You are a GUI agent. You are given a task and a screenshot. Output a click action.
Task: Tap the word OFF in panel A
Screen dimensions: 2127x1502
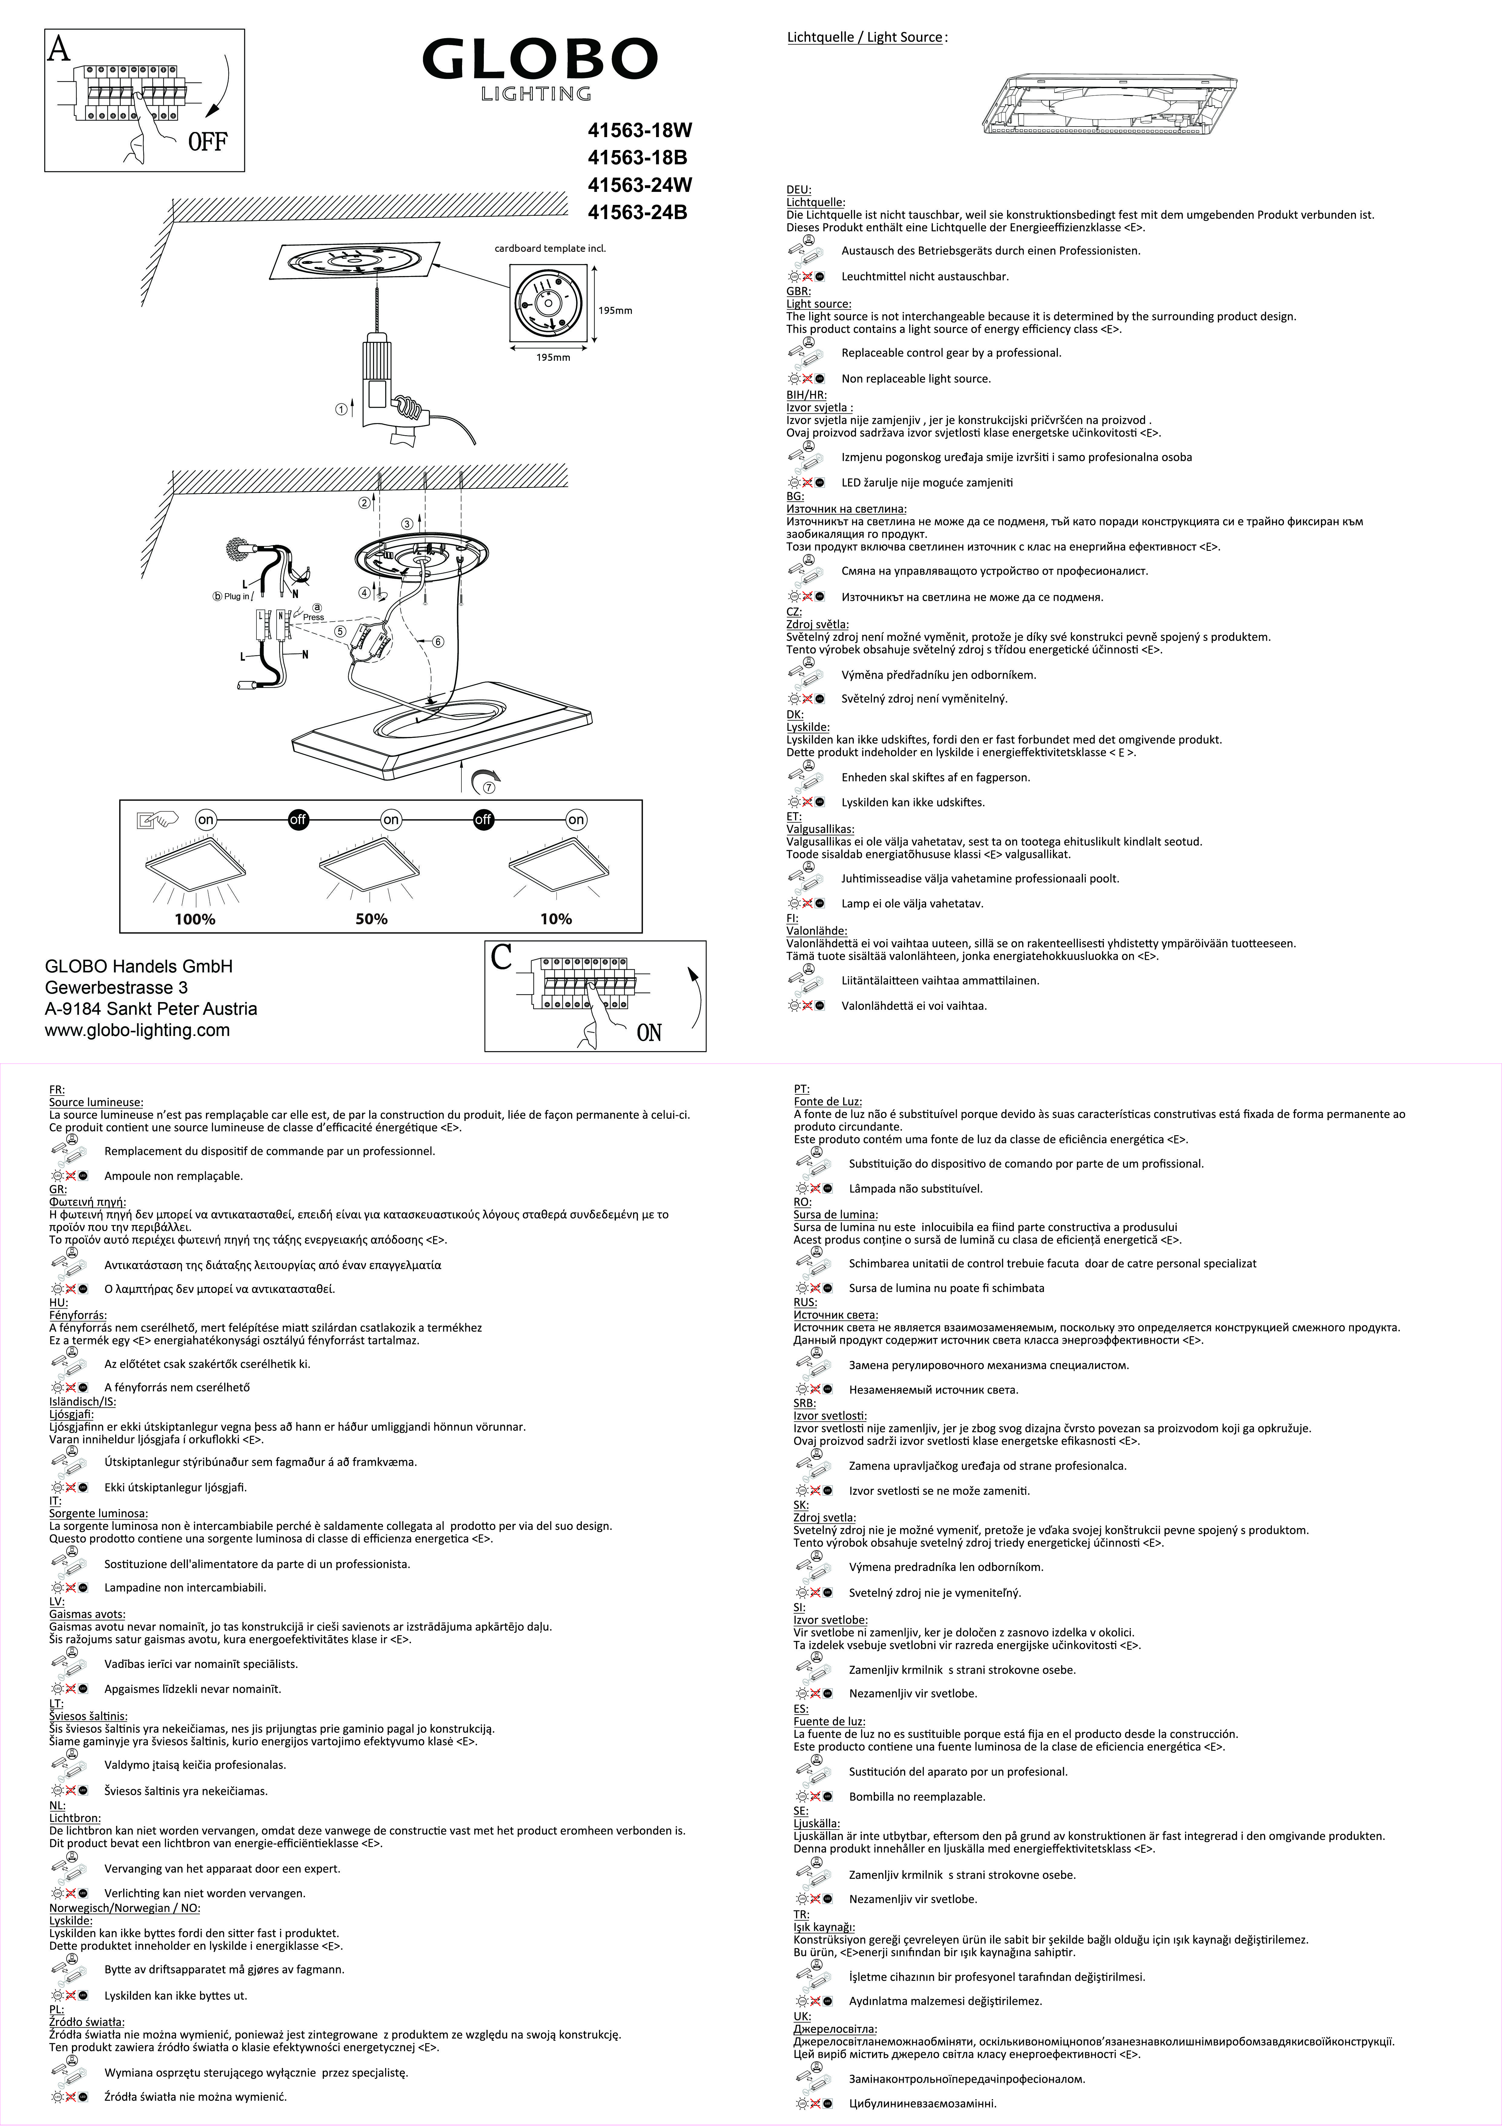coord(208,142)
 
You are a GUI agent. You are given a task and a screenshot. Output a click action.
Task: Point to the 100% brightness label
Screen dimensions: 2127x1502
coord(195,919)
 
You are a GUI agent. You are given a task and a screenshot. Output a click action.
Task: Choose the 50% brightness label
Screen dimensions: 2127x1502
coord(371,919)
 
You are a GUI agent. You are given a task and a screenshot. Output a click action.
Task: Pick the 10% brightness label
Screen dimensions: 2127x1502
coord(556,919)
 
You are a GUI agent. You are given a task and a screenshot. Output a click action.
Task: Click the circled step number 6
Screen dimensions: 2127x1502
coord(438,641)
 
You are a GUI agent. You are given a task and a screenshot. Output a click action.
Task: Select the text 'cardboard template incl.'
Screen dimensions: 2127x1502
coord(550,248)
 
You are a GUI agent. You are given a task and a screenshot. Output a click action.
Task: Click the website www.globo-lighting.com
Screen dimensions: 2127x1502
coord(137,1030)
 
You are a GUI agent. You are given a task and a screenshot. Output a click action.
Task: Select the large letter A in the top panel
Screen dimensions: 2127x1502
coord(58,48)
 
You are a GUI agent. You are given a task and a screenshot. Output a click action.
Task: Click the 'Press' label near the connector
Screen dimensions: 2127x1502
coord(313,617)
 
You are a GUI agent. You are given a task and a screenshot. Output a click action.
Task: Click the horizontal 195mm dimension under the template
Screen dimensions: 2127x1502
coord(553,358)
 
